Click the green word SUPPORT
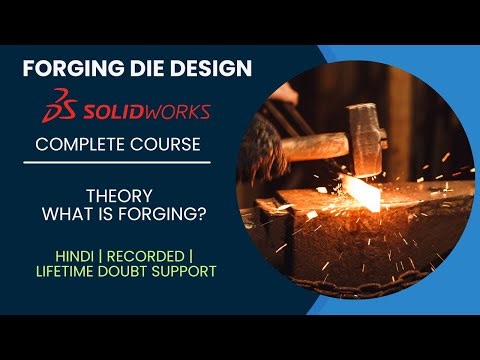[198, 271]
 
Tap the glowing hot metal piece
[361, 194]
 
